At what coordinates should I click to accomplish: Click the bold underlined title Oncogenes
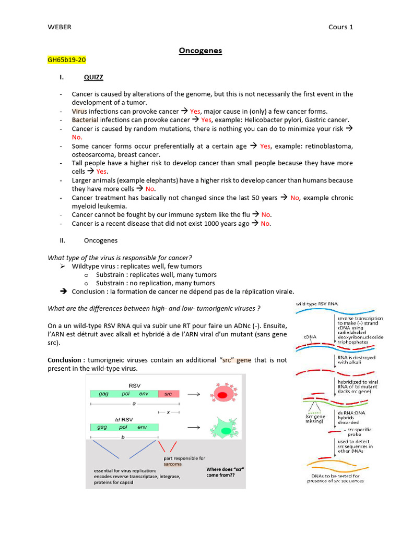click(200, 51)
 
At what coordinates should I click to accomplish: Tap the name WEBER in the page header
click(59, 27)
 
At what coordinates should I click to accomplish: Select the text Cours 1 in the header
click(340, 27)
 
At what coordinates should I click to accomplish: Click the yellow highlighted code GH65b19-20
click(66, 60)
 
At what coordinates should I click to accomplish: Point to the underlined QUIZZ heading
click(93, 77)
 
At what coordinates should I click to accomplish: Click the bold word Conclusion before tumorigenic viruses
click(64, 360)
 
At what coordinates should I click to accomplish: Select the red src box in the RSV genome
click(168, 394)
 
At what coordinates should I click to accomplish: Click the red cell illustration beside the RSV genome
click(222, 394)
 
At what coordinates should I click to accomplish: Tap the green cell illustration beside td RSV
click(223, 429)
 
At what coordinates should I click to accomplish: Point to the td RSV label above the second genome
click(125, 419)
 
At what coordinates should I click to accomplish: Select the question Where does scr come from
click(225, 472)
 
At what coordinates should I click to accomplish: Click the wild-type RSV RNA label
click(317, 304)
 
